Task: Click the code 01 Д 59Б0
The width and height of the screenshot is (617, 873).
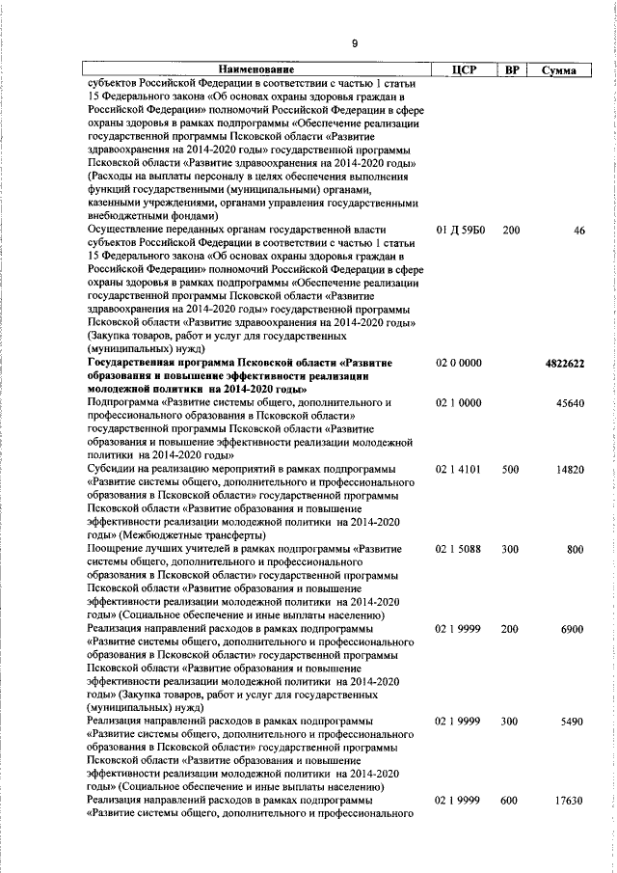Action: (x=460, y=231)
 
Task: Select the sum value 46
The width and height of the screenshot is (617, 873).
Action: (x=578, y=231)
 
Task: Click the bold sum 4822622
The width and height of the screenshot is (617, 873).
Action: (x=565, y=364)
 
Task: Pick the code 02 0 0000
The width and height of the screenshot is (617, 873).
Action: (x=459, y=363)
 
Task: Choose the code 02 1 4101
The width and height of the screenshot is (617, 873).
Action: (x=459, y=470)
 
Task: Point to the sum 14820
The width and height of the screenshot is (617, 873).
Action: (x=570, y=470)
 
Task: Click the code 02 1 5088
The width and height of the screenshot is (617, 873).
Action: (x=459, y=550)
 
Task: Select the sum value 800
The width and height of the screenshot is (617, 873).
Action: (x=576, y=550)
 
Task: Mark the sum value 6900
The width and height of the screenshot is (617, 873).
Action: (x=573, y=629)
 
